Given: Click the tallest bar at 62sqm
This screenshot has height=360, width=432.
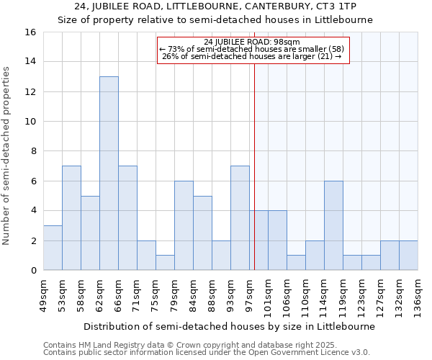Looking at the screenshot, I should point(109,173).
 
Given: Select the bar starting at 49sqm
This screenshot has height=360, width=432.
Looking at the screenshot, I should point(53,248).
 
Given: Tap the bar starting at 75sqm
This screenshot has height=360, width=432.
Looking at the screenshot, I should point(165,263).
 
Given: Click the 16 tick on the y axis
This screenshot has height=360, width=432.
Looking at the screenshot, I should point(30,32).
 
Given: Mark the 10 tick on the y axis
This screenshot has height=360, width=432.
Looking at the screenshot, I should point(30,122).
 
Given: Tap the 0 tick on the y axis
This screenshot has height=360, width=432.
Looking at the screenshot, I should point(32,271).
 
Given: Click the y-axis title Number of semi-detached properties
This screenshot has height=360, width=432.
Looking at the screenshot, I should point(7,156).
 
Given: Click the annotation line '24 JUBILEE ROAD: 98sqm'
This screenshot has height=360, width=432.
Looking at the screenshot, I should point(252,42).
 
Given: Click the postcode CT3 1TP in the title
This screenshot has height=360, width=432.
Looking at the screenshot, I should point(330,6).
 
